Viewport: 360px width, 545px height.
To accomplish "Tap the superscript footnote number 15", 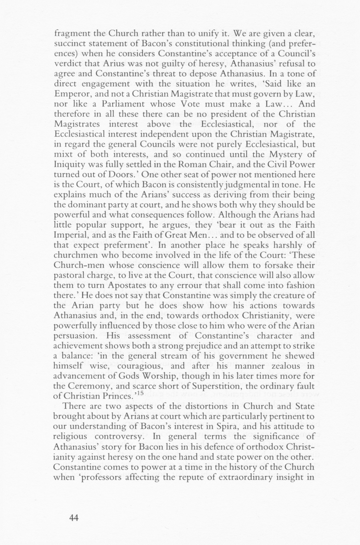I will click(x=140, y=393).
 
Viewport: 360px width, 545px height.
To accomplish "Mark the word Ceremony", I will click(x=85, y=386).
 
